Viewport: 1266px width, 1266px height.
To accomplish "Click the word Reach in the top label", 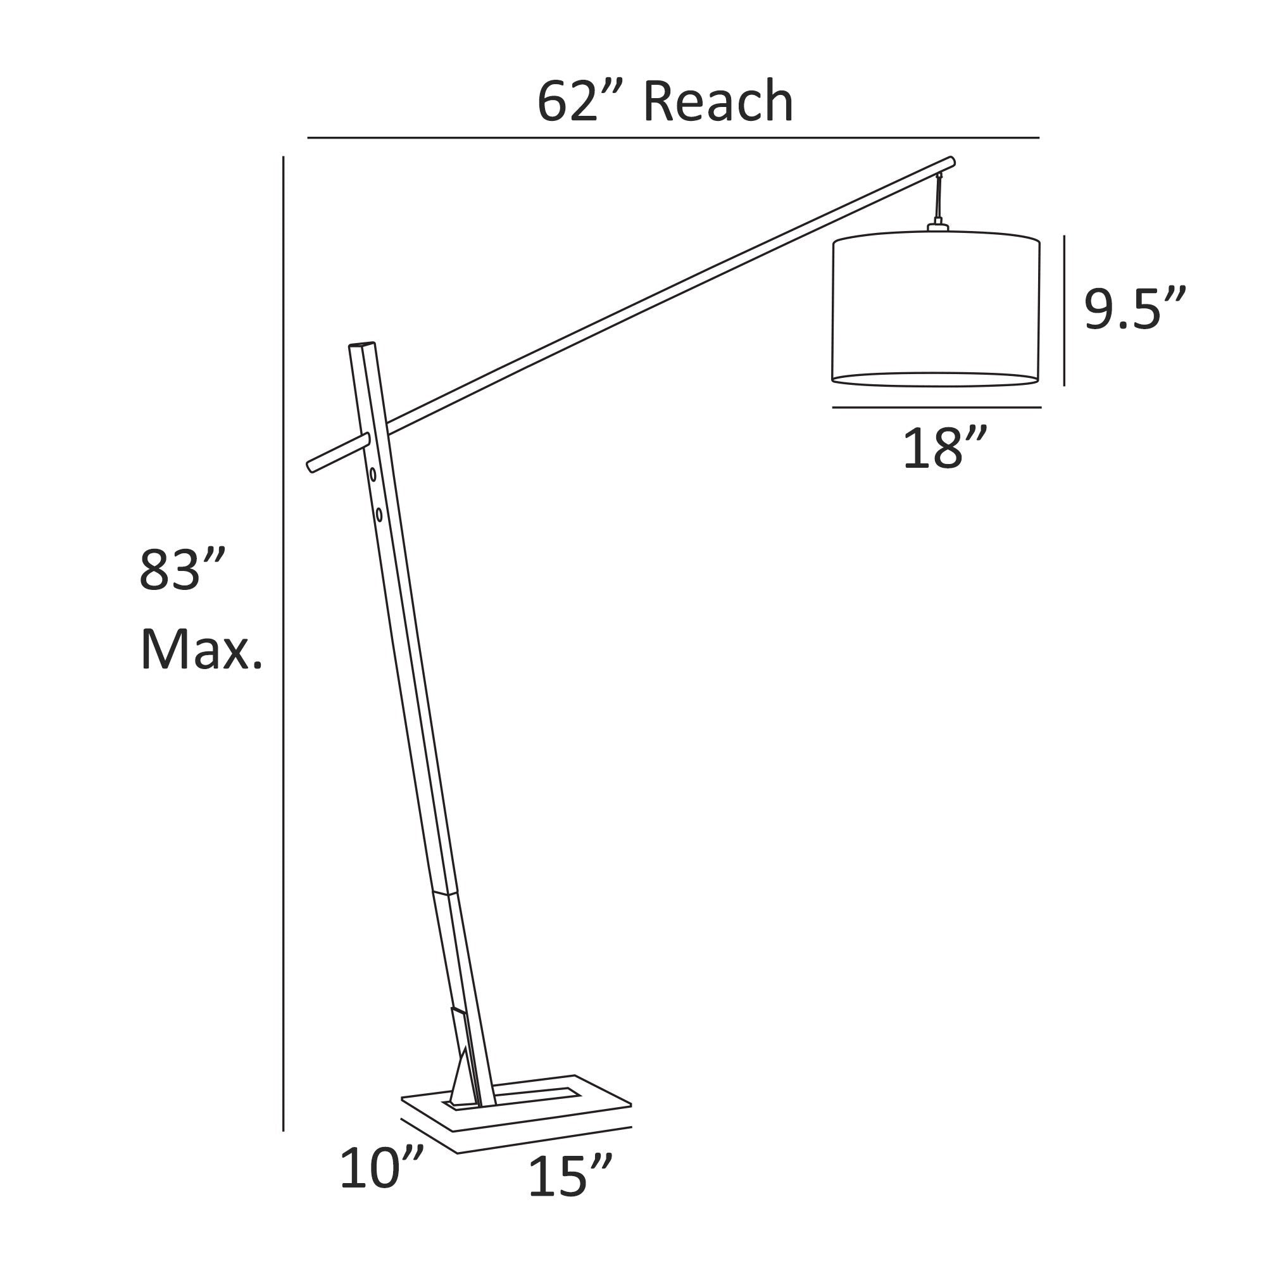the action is tap(718, 101).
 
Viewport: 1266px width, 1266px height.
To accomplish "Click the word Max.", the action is tap(201, 650).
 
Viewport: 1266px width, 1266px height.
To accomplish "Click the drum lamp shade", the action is tap(936, 309).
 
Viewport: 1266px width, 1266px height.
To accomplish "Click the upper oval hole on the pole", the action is tap(373, 473).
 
